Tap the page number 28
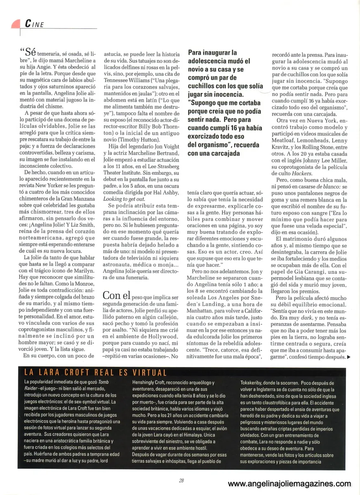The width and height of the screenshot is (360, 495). point(181,480)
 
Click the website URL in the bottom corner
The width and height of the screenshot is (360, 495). point(289,484)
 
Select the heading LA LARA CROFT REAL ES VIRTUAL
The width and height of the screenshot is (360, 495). point(96,372)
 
